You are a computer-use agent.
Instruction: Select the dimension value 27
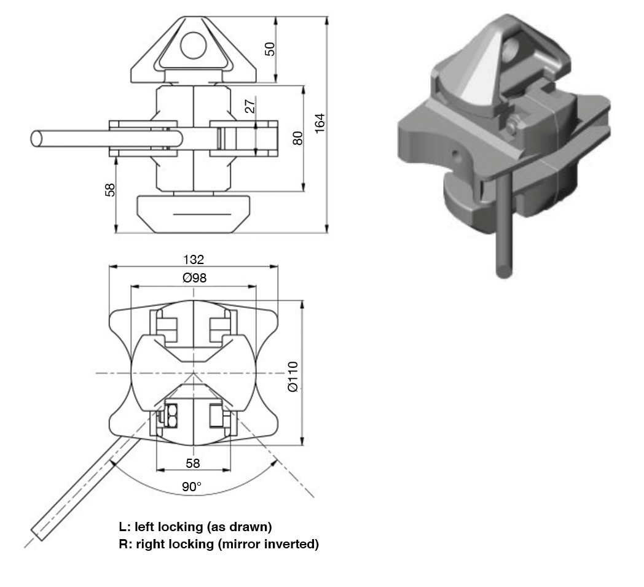[x=249, y=106]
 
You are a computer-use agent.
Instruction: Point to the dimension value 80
[x=297, y=138]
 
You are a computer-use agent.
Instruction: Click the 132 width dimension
[x=193, y=259]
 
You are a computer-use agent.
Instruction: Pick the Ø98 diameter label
[x=194, y=278]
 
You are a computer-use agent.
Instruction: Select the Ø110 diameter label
[x=293, y=376]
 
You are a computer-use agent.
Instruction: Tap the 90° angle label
[x=192, y=487]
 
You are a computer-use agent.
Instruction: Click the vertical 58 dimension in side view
[x=110, y=189]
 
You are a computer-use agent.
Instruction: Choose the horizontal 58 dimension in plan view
[x=193, y=462]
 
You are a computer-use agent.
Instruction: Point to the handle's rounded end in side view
[x=36, y=138]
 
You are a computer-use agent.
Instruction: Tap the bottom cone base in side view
[x=193, y=214]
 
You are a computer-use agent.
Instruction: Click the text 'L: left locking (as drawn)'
[x=195, y=527]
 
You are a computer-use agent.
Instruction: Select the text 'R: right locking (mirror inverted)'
[x=219, y=544]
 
